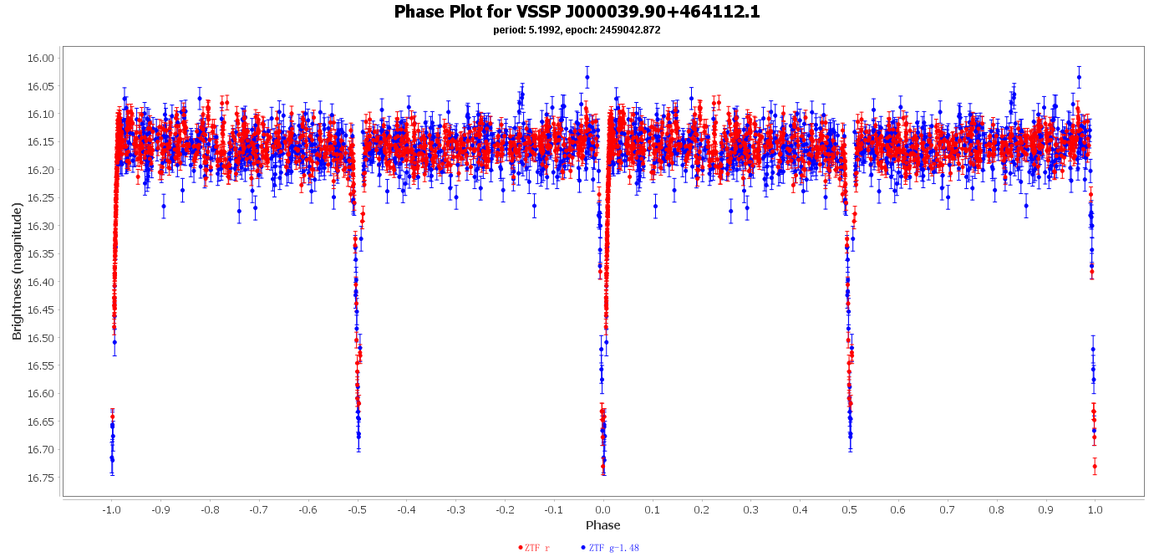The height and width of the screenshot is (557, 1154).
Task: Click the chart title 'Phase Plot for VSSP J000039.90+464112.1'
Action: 577,12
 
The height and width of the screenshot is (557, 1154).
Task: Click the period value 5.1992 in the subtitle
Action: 545,30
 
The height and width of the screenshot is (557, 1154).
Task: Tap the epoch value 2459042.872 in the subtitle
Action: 629,30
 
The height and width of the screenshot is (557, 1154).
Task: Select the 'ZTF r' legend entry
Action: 534,548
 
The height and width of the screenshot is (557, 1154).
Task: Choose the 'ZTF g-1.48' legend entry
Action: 610,548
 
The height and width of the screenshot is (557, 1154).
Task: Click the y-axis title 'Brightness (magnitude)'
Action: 17,271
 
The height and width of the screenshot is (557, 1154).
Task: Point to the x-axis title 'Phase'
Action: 602,525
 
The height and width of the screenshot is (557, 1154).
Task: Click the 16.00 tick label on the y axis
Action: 40,58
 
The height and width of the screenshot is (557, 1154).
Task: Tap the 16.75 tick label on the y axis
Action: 40,478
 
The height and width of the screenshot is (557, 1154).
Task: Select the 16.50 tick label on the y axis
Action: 40,338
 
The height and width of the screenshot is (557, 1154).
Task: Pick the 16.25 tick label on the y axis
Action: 40,197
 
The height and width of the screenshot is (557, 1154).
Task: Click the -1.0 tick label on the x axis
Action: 111,509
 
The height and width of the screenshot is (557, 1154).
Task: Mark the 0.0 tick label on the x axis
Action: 603,509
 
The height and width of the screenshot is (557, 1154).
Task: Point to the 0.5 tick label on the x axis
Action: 849,509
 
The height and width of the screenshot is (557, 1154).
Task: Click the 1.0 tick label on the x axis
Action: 1096,509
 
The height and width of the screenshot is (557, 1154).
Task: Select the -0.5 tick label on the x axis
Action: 357,509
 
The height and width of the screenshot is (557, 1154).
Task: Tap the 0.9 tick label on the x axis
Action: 1046,509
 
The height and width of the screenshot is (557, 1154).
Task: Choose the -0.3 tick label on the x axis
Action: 455,509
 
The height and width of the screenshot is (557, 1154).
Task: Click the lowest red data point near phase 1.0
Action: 1095,466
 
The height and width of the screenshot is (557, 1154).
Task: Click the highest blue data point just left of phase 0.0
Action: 587,77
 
